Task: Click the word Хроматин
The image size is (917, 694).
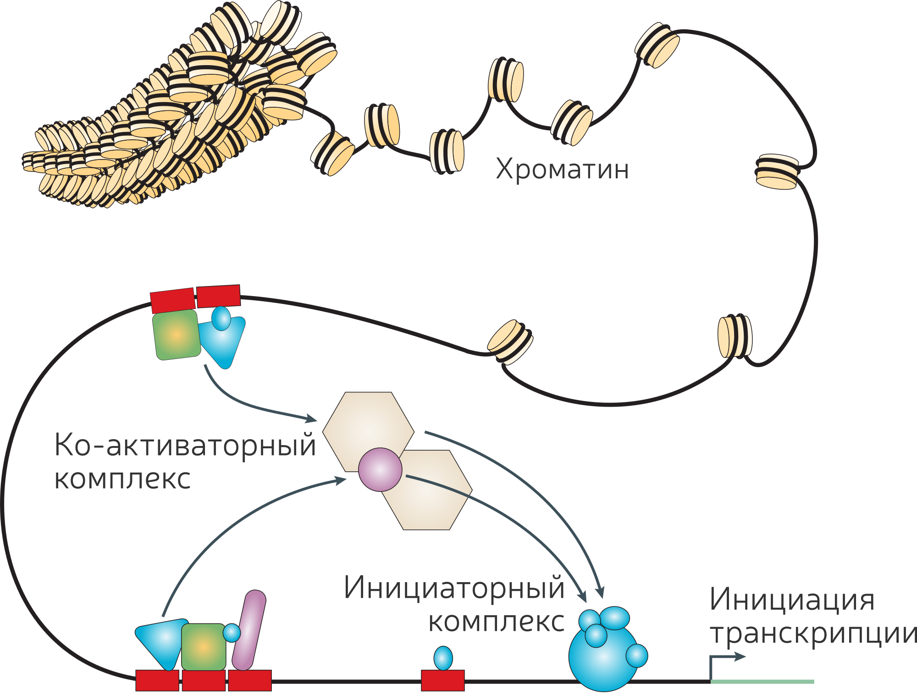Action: (x=562, y=170)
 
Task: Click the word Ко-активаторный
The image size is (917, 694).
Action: (x=185, y=446)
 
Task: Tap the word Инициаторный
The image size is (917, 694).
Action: (x=454, y=588)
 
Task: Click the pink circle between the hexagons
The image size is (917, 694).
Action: (x=380, y=469)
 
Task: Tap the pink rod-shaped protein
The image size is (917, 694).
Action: (x=249, y=630)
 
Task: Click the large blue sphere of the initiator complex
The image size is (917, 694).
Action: (x=603, y=658)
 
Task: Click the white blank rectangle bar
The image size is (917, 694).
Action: (x=464, y=258)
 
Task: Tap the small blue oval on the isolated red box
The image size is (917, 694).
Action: (x=443, y=658)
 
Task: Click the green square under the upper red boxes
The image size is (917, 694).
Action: (x=177, y=334)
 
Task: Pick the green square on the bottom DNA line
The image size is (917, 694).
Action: (x=204, y=647)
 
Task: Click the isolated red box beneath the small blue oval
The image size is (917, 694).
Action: (x=443, y=680)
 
